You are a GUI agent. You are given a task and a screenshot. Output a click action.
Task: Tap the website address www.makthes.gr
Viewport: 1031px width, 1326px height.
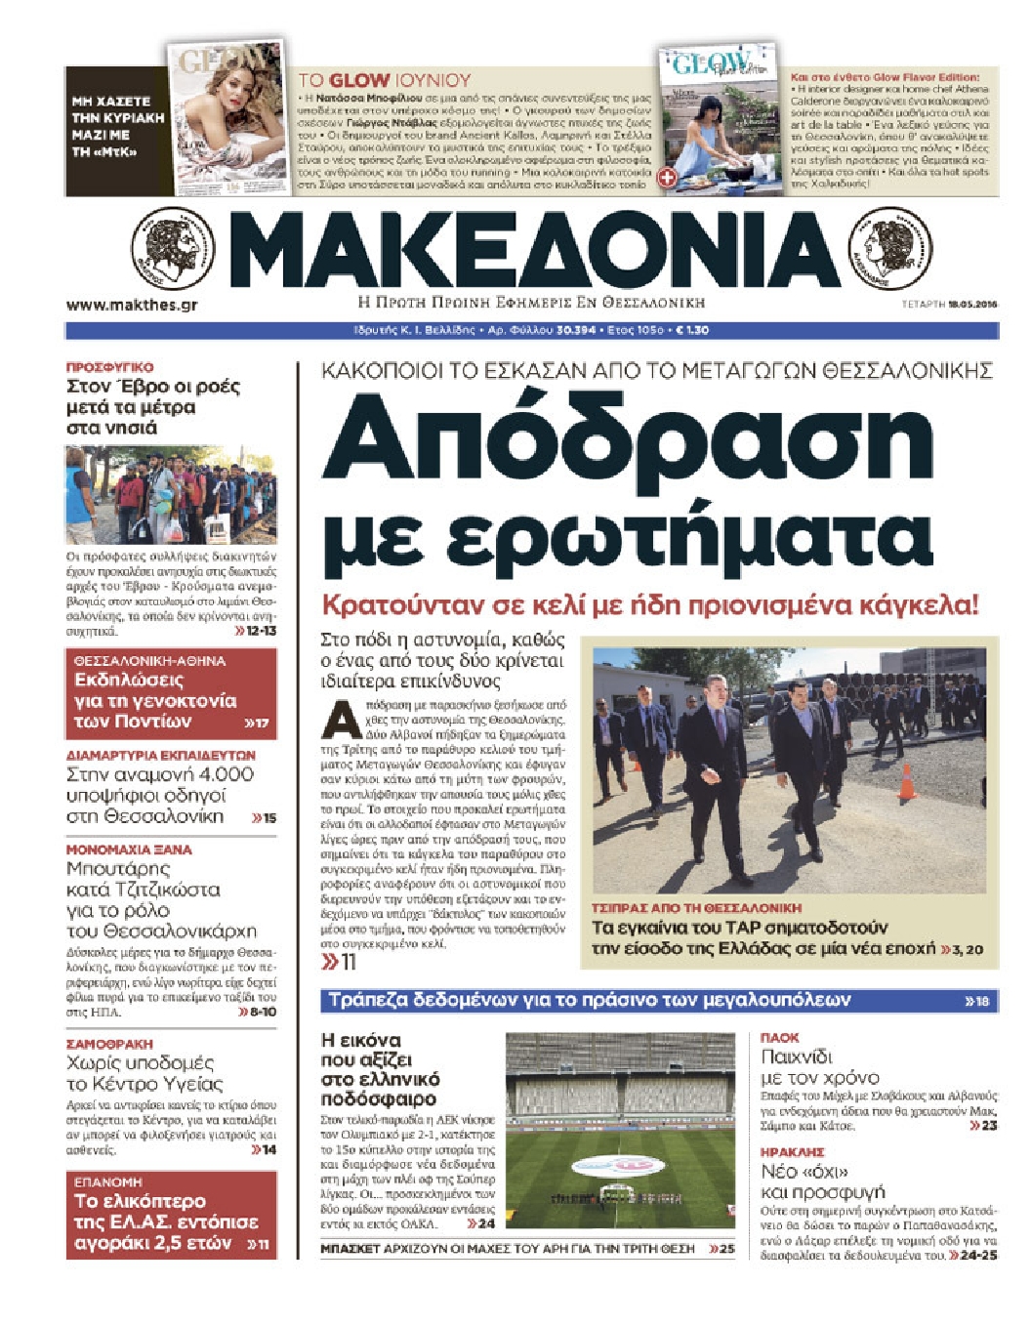tap(132, 305)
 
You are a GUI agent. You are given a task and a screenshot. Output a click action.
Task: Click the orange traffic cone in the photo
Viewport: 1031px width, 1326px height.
tap(907, 782)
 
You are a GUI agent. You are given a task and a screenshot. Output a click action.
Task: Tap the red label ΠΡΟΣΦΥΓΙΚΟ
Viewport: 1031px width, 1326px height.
tap(109, 367)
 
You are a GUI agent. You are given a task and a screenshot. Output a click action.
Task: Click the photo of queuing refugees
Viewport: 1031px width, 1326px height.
tap(171, 495)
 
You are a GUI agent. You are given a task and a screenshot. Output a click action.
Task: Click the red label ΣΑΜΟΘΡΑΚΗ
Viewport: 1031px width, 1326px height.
tap(109, 1044)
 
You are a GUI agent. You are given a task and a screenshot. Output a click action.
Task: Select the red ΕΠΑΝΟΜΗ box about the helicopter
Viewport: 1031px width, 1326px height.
tap(171, 1215)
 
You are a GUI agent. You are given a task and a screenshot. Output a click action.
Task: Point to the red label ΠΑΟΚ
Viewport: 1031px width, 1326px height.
tap(780, 1038)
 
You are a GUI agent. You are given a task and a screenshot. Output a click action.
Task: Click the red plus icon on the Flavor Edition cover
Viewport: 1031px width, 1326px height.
tap(668, 178)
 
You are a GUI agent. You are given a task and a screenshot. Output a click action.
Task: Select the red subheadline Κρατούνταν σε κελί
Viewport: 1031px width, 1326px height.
tap(649, 605)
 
